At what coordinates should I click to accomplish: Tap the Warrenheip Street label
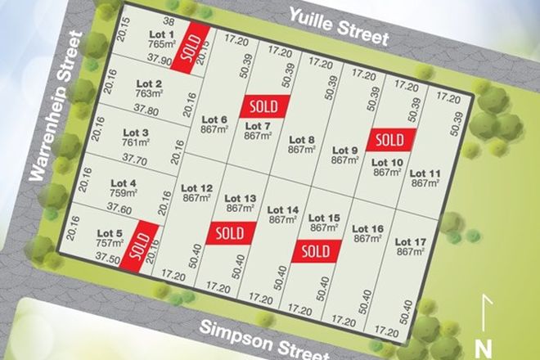coord(59,106)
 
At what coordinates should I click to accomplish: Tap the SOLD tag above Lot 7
coord(264,106)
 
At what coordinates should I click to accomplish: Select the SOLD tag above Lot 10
coord(391,139)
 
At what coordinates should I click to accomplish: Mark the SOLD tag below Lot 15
coord(316,250)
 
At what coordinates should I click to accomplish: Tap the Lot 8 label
coord(301,140)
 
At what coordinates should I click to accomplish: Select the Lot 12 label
coord(196,188)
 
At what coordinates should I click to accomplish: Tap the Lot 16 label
coord(367,229)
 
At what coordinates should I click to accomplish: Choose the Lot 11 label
coord(425,173)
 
